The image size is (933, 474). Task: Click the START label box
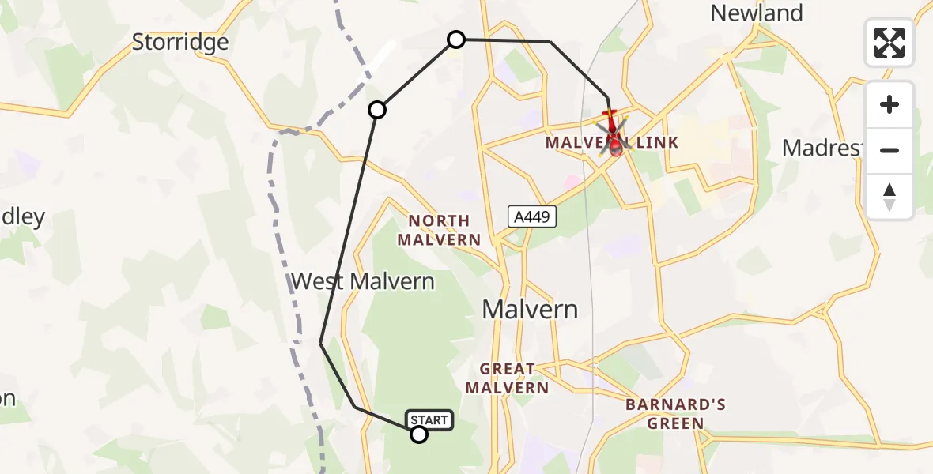[x=430, y=420]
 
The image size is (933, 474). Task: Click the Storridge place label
[x=180, y=42]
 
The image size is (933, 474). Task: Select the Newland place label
[x=757, y=13]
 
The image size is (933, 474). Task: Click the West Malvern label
[x=363, y=281]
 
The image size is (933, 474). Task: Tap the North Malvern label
[x=439, y=230]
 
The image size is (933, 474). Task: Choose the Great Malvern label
[x=507, y=378]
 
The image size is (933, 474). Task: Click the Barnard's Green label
[x=675, y=414]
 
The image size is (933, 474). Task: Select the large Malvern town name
[x=531, y=310]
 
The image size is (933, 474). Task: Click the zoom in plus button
[x=890, y=105]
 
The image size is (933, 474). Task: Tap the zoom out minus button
[x=890, y=150]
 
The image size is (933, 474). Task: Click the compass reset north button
[x=890, y=197]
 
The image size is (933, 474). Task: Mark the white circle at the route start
[x=419, y=434]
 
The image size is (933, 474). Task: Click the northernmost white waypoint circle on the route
[x=456, y=39]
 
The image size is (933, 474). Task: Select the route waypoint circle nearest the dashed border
[x=378, y=110]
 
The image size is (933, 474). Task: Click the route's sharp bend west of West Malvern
[x=320, y=343]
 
